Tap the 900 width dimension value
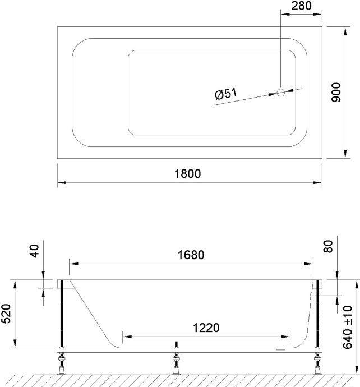[x=336, y=92]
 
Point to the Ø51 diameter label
[x=225, y=94]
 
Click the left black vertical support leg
[x=62, y=314]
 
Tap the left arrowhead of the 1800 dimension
[x=61, y=183]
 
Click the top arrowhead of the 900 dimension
[x=343, y=29]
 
